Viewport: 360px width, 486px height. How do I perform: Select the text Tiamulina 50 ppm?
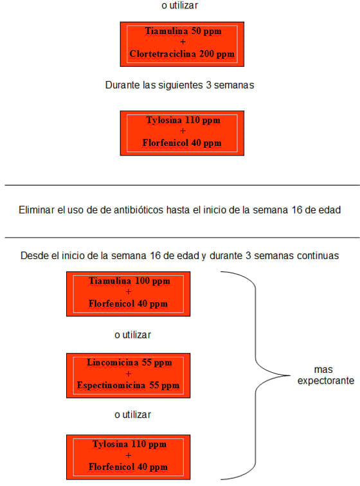point(183,31)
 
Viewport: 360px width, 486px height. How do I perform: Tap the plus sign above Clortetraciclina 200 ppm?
point(183,42)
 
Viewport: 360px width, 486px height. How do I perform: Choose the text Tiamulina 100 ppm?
point(129,281)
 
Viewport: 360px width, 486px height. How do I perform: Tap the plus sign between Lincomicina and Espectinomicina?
point(129,373)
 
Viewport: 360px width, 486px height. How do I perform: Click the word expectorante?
point(326,381)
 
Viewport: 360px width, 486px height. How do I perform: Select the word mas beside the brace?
point(323,370)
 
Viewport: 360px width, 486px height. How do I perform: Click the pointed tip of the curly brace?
point(289,375)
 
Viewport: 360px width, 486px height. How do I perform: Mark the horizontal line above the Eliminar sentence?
point(183,185)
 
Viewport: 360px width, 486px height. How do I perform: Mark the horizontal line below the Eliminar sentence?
point(183,238)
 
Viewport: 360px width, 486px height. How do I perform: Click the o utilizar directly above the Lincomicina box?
point(132,335)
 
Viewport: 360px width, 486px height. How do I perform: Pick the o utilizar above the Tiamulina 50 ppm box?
point(179,5)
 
